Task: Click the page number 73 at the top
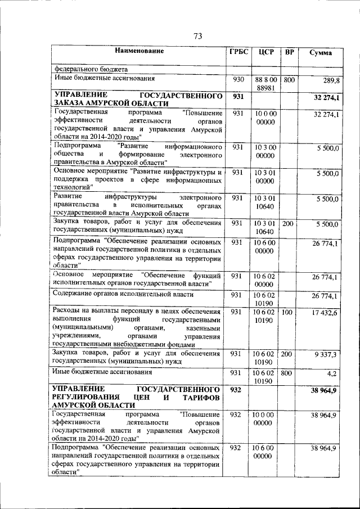(197, 36)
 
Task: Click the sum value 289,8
(331, 81)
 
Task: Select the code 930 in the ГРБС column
(238, 80)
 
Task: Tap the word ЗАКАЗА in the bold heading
(69, 104)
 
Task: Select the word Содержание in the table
(73, 294)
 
